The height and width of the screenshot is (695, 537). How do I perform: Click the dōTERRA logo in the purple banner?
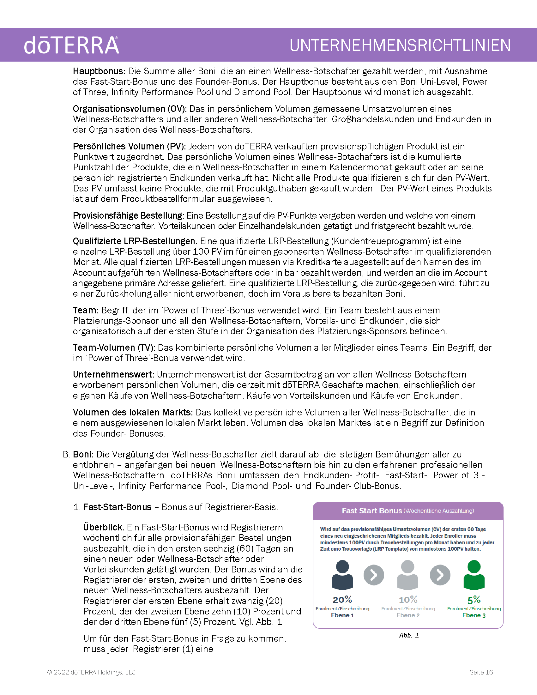pyautogui.click(x=72, y=45)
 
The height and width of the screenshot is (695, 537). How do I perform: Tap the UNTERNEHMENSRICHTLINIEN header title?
pyautogui.click(x=400, y=45)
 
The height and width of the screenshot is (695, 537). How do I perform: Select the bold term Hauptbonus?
pyautogui.click(x=99, y=71)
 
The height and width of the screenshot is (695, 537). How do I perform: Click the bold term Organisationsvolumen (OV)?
pyautogui.click(x=130, y=109)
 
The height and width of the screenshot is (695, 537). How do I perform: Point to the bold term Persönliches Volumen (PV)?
pyautogui.click(x=129, y=146)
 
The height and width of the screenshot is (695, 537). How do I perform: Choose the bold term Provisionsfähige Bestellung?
pyautogui.click(x=129, y=216)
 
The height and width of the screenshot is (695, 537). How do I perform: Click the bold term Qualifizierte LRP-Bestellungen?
pyautogui.click(x=135, y=241)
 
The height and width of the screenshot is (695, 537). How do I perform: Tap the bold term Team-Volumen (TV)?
pyautogui.click(x=114, y=347)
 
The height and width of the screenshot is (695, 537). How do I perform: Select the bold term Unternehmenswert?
pyautogui.click(x=113, y=375)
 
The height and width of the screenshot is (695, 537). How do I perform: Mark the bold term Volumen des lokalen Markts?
pyautogui.click(x=133, y=412)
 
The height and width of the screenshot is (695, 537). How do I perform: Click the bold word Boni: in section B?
pyautogui.click(x=83, y=454)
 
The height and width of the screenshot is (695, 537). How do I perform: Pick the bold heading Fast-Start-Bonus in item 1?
pyautogui.click(x=118, y=507)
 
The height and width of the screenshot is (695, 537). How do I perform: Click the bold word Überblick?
pyautogui.click(x=104, y=528)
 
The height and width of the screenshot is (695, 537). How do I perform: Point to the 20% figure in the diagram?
pyautogui.click(x=342, y=600)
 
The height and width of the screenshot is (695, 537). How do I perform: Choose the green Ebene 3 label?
pyautogui.click(x=474, y=615)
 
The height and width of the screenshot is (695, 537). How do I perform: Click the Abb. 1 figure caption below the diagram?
pyautogui.click(x=409, y=636)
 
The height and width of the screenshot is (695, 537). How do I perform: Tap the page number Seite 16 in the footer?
pyautogui.click(x=481, y=672)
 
